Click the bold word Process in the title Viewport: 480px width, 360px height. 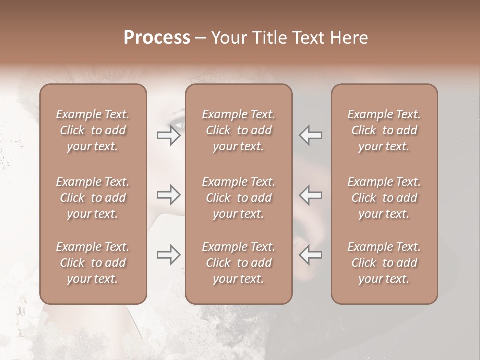pos(157,38)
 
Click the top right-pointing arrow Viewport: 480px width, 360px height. pos(169,135)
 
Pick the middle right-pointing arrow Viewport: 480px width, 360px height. pos(169,195)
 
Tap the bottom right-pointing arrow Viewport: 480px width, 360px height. pos(169,255)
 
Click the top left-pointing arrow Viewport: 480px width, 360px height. pos(311,135)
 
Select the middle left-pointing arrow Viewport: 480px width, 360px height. pos(311,195)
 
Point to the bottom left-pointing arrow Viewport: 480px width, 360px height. pos(311,255)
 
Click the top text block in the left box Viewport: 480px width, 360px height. pos(93,130)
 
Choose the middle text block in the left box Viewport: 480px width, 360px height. pos(93,198)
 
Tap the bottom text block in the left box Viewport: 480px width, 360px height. pos(93,263)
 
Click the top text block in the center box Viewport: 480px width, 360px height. pos(238,130)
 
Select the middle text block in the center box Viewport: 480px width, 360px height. pos(238,198)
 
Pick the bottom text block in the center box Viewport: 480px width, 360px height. pos(238,263)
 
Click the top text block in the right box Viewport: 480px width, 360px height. pos(384,130)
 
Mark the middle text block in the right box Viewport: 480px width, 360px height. pos(384,198)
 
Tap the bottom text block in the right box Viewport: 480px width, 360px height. pos(384,263)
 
